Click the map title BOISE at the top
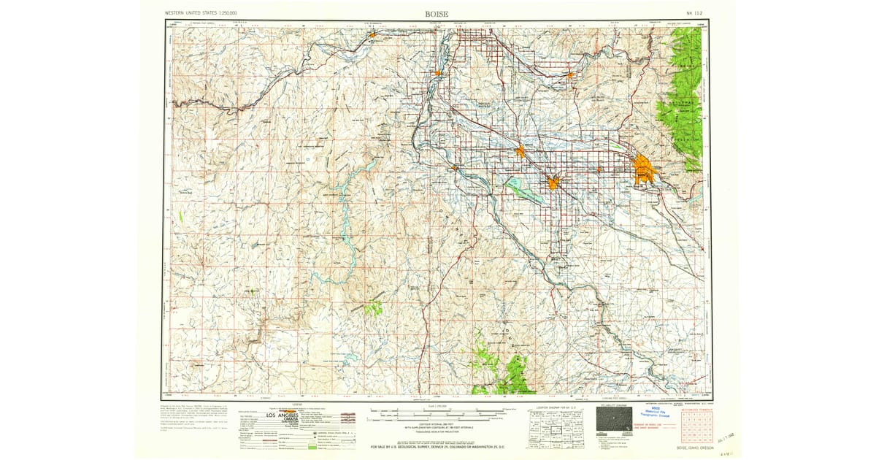437,13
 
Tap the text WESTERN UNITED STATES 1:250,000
206,13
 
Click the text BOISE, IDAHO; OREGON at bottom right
692,448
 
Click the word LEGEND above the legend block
296,404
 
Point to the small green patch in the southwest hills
373,309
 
